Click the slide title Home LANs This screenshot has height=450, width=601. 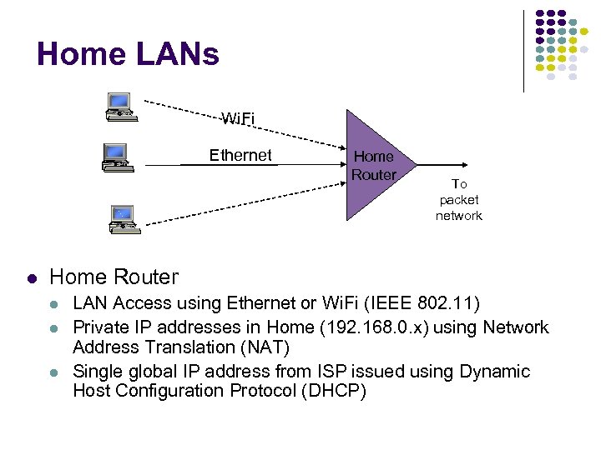[128, 54]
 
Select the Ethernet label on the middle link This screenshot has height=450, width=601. [240, 155]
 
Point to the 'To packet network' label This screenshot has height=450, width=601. [458, 200]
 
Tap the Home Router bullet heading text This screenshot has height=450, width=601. [114, 277]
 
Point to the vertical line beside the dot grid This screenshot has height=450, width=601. [523, 50]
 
